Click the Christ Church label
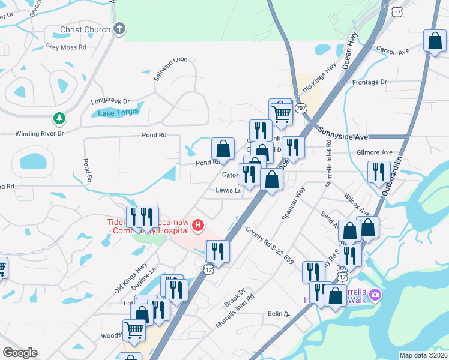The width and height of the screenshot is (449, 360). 85,29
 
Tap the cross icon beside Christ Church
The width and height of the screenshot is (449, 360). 119,29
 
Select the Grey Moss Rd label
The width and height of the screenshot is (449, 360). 66,46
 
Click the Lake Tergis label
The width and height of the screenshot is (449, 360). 118,112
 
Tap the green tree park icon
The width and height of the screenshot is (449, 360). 59,119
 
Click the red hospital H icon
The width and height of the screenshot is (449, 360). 197,226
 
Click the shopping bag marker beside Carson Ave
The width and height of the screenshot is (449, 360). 434,41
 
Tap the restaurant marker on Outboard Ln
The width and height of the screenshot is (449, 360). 379,172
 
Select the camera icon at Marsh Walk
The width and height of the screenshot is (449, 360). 375,294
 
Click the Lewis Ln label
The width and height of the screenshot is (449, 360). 229,191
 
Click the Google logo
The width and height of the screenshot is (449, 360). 20,352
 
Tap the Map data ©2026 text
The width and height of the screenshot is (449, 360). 423,355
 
